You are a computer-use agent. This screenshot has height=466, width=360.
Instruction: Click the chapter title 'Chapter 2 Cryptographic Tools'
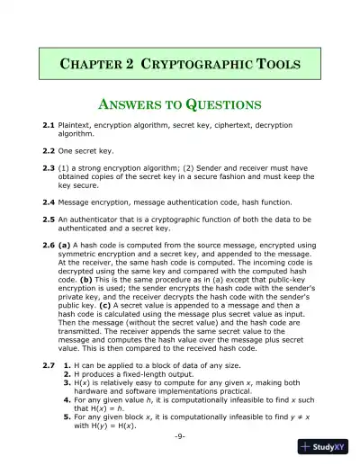pos(179,65)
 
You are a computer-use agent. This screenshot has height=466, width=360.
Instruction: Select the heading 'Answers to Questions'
pos(179,103)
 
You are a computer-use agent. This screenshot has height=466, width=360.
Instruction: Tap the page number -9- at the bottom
pos(180,435)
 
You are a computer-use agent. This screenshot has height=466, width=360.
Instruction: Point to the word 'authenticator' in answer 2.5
pos(96,219)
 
